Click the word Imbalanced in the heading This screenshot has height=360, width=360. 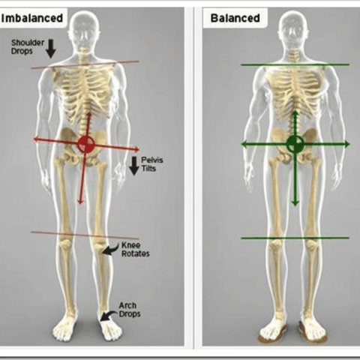click(32, 18)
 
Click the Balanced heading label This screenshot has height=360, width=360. click(235, 18)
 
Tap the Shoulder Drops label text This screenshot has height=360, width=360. click(28, 46)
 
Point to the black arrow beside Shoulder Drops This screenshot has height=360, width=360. click(51, 49)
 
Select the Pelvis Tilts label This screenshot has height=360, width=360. click(152, 164)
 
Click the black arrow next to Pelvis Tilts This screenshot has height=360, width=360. click(134, 166)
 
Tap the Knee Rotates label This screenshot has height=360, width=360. click(136, 249)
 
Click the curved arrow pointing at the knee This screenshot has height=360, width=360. click(110, 249)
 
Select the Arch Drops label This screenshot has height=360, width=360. click(130, 310)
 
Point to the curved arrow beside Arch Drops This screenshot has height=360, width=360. click(108, 316)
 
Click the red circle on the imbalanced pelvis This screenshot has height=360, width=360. click(85, 144)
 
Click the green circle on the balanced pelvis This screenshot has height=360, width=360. click(295, 144)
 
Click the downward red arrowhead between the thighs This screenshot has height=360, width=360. click(80, 201)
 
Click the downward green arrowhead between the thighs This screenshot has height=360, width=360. click(295, 202)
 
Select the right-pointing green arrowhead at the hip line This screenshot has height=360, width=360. click(347, 144)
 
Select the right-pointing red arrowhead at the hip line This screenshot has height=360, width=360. click(136, 150)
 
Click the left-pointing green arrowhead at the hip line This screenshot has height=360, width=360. click(244, 144)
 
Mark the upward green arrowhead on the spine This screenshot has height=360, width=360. click(295, 114)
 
